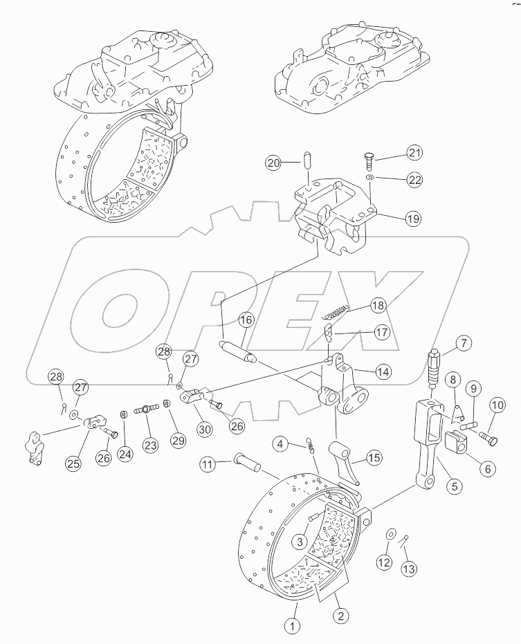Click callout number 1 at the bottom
(x=293, y=627)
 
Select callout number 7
(x=463, y=342)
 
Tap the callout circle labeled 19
(x=412, y=219)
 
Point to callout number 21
(x=414, y=153)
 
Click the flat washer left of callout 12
(x=390, y=534)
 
